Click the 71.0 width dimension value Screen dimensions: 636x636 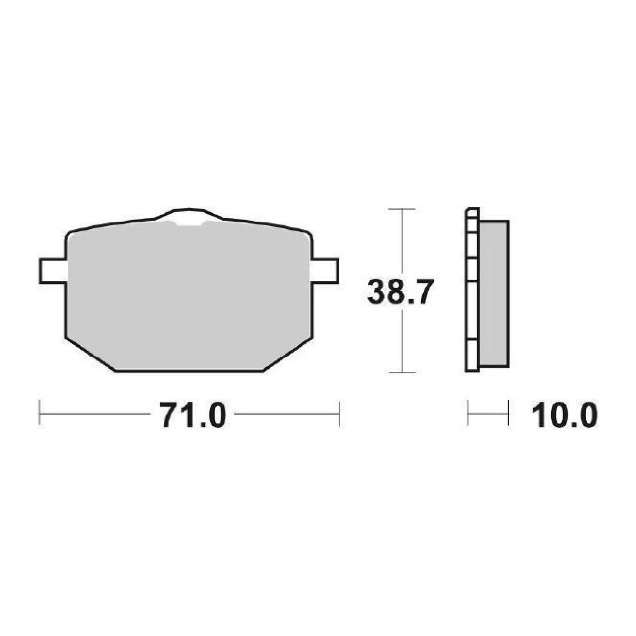pyautogui.click(x=192, y=416)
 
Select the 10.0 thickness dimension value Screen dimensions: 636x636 pyautogui.click(x=564, y=416)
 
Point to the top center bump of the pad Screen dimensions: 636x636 pyautogui.click(x=189, y=212)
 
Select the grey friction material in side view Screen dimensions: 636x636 pyautogui.click(x=494, y=293)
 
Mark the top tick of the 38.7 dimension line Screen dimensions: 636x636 pyautogui.click(x=401, y=209)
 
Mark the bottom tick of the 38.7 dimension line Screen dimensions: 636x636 pyautogui.click(x=401, y=372)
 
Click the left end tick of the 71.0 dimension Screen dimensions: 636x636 pyautogui.click(x=40, y=414)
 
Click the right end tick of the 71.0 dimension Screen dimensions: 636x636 pyautogui.click(x=339, y=414)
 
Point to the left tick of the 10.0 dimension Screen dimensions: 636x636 pyautogui.click(x=468, y=414)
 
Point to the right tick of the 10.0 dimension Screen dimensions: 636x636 pyautogui.click(x=508, y=414)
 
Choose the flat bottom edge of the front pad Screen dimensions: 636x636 pyautogui.click(x=189, y=371)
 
